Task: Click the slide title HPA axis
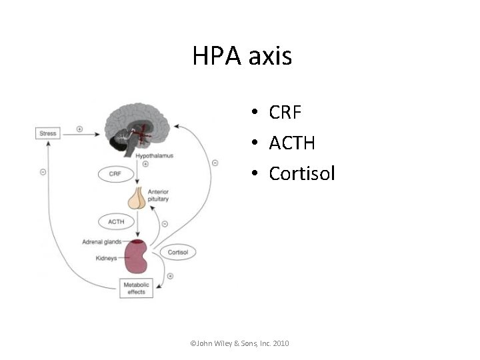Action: click(242, 56)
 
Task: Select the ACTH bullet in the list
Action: click(292, 143)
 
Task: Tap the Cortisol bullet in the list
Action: click(302, 173)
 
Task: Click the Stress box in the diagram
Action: click(48, 133)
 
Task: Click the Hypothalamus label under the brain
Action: click(155, 155)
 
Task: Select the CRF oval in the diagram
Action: click(115, 174)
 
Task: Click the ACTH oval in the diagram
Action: click(115, 221)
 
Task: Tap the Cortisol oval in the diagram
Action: click(177, 253)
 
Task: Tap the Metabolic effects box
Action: click(136, 289)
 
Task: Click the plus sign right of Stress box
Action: click(79, 129)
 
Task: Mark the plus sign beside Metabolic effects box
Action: click(170, 276)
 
